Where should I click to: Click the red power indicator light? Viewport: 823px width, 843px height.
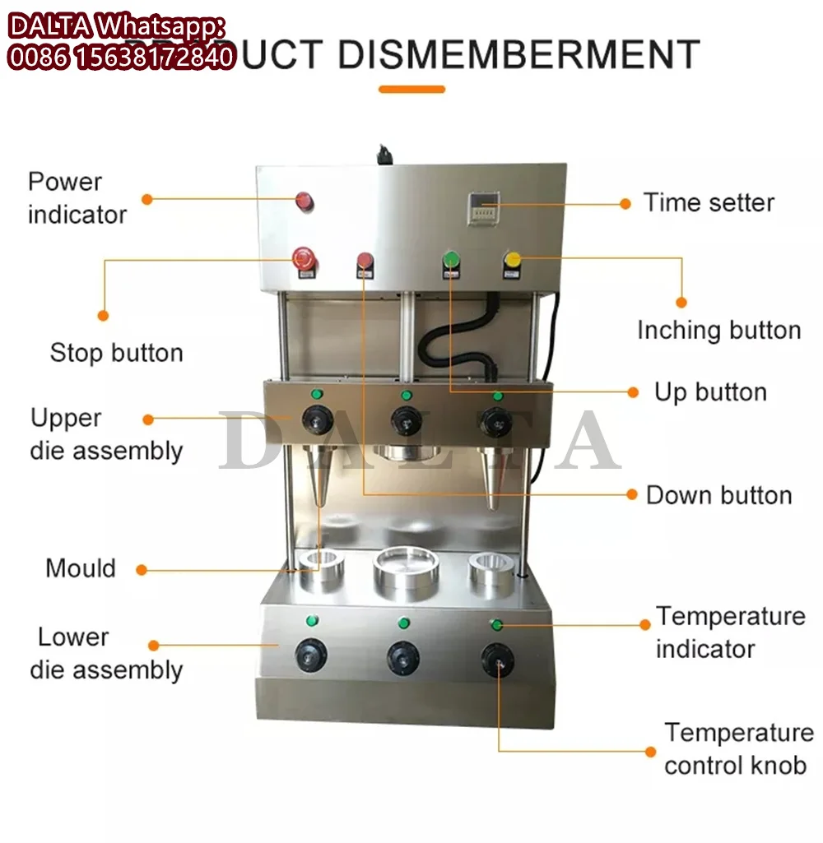[x=305, y=200]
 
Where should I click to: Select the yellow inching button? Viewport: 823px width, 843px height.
[x=513, y=262]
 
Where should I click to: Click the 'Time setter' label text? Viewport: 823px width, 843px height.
[x=709, y=202]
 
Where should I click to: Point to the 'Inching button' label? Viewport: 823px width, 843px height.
[x=718, y=331]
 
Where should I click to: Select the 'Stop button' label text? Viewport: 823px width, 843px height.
[x=116, y=353]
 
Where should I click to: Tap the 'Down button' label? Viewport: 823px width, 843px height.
[x=718, y=495]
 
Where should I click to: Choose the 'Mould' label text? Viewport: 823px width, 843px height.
[x=81, y=568]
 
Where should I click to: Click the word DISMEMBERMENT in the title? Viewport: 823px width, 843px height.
[x=518, y=54]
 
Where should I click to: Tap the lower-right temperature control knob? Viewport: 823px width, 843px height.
[x=498, y=660]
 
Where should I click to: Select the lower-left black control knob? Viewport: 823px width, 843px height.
[x=311, y=655]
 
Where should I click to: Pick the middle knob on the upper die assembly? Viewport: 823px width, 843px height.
[x=403, y=420]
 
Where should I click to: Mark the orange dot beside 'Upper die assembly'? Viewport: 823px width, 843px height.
[x=148, y=419]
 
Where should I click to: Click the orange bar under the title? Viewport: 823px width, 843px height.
[x=411, y=90]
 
